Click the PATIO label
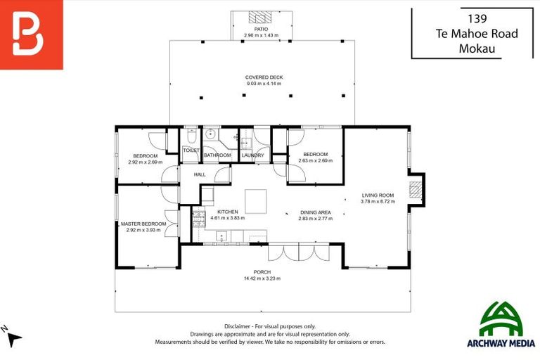(x=262, y=29)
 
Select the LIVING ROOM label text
(x=378, y=195)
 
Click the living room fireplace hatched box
(x=416, y=189)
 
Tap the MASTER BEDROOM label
(x=143, y=224)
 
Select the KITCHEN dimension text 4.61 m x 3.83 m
(x=227, y=218)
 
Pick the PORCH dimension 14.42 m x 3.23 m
(x=262, y=278)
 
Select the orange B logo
(x=31, y=34)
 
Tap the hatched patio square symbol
(x=262, y=18)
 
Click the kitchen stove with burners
(x=198, y=215)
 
